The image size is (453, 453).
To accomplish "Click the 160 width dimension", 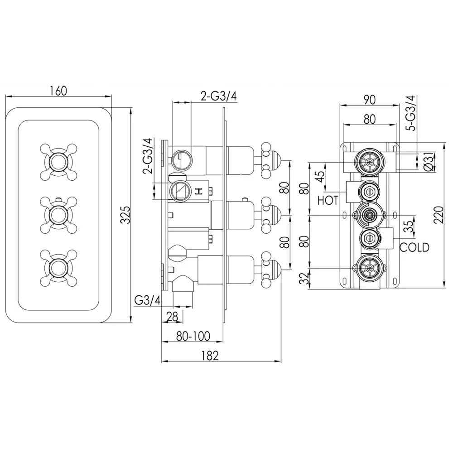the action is pyautogui.click(x=58, y=91).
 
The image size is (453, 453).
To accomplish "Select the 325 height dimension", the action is pyautogui.click(x=125, y=215).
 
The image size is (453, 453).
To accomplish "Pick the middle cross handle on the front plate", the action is pyautogui.click(x=58, y=214).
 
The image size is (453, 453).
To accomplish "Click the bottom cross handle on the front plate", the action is pyautogui.click(x=58, y=267).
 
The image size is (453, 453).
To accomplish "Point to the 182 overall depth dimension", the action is pyautogui.click(x=210, y=355).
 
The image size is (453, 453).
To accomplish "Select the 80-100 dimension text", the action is pyautogui.click(x=193, y=336).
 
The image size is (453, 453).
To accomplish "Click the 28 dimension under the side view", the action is pyautogui.click(x=173, y=317).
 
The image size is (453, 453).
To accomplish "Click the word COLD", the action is pyautogui.click(x=414, y=247).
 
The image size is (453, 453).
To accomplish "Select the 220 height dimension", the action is pyautogui.click(x=439, y=215).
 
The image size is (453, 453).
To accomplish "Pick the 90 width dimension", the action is pyautogui.click(x=370, y=100).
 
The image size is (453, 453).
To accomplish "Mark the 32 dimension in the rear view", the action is pyautogui.click(x=304, y=279).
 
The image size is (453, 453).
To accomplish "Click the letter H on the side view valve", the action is pyautogui.click(x=198, y=191).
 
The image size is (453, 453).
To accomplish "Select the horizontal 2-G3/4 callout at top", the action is pyautogui.click(x=219, y=96).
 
